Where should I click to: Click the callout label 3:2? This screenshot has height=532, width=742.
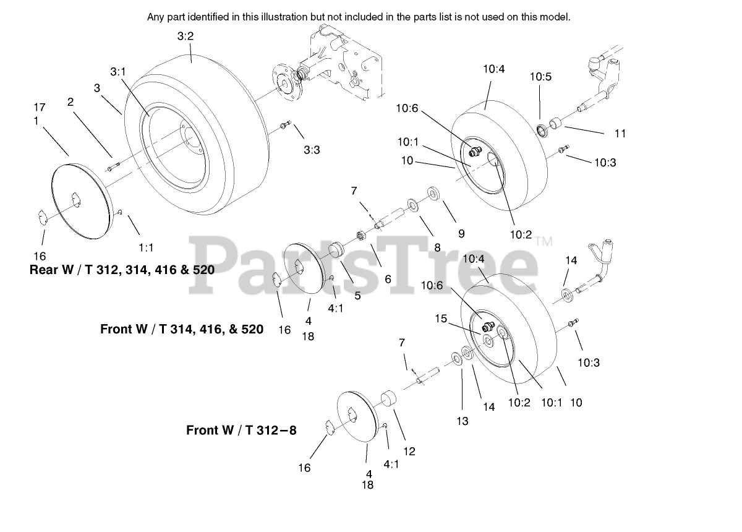click(185, 36)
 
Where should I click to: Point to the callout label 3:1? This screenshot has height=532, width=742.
click(118, 72)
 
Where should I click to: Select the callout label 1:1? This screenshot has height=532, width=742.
click(146, 247)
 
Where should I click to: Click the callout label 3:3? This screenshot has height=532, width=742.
click(312, 150)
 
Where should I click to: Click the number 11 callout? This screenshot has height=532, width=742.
click(620, 133)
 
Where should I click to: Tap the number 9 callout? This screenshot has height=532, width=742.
click(461, 234)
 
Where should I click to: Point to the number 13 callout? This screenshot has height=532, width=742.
click(463, 421)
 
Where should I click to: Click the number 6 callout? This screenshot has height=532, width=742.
click(388, 279)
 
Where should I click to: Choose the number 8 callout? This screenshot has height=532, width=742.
click(437, 247)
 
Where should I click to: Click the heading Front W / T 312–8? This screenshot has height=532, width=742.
click(241, 430)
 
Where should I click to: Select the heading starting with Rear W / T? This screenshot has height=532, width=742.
click(122, 270)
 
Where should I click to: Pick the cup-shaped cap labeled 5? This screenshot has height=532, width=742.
click(336, 250)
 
